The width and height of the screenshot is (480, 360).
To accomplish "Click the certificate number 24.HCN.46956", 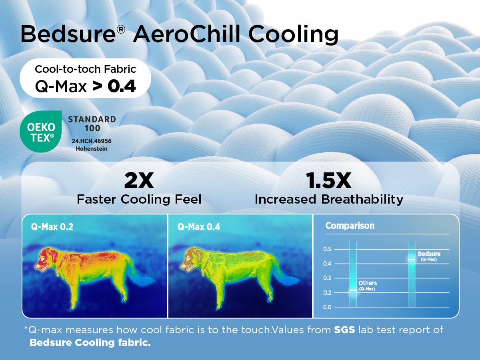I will (x=92, y=141).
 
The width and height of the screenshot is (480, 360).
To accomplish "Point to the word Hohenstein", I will (x=92, y=149).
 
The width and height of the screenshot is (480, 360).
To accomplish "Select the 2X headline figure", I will (x=139, y=181).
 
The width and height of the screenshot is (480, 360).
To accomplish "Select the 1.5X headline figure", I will (x=328, y=181).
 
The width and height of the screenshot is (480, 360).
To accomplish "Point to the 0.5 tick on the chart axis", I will (x=327, y=249).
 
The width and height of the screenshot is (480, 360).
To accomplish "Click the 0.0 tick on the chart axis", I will (x=327, y=307).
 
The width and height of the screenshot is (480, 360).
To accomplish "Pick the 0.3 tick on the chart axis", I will (x=327, y=278).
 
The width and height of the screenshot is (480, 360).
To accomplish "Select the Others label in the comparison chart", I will (x=367, y=283).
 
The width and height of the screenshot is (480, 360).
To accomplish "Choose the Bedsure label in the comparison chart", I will (x=428, y=254).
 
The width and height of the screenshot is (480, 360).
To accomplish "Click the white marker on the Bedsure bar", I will (x=412, y=260).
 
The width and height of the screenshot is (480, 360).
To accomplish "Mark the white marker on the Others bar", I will (x=353, y=290).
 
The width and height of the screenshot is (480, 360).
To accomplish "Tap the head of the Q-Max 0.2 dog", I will (x=46, y=258).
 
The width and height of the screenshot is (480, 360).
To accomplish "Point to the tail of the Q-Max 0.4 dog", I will (x=288, y=280).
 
